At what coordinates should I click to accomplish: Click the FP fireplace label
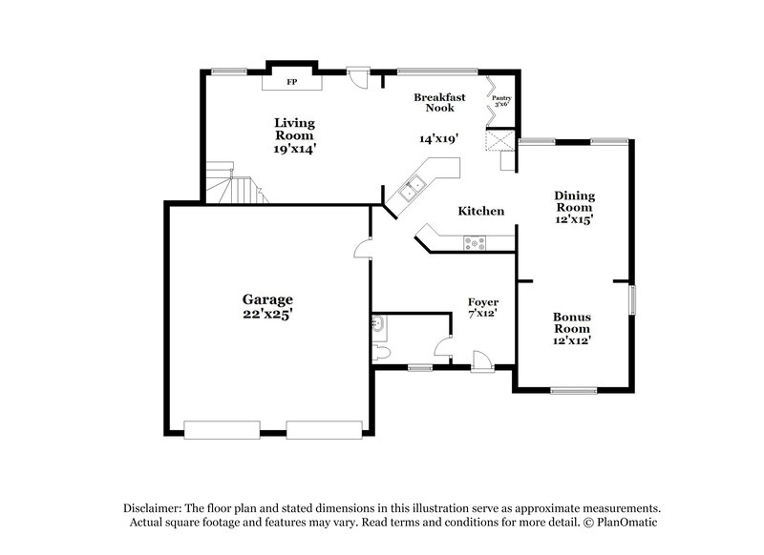pyautogui.click(x=292, y=82)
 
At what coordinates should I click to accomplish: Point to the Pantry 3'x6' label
pyautogui.click(x=500, y=100)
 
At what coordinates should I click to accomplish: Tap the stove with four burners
pyautogui.click(x=474, y=243)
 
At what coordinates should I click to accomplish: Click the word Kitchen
pyautogui.click(x=480, y=211)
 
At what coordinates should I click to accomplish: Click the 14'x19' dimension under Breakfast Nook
pyautogui.click(x=438, y=137)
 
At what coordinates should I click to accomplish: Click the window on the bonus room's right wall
pyautogui.click(x=631, y=299)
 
